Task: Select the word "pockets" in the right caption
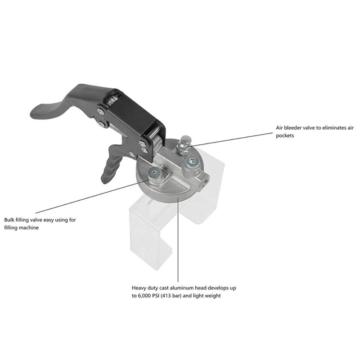point(285,135)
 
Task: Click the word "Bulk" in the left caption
point(10,220)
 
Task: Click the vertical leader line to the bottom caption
point(179,238)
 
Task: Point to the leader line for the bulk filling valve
point(90,193)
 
